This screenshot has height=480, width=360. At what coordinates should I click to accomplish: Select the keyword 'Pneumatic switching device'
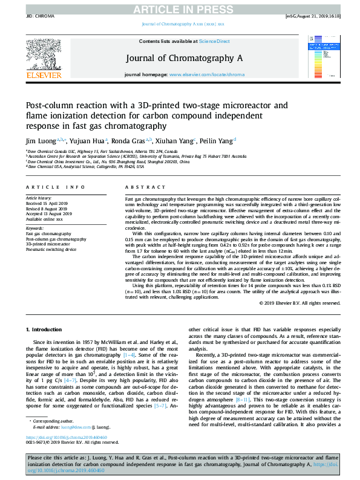pyautogui.click(x=51, y=248)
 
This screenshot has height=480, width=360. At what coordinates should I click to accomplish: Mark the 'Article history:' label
pyautogui.click(x=38, y=198)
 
